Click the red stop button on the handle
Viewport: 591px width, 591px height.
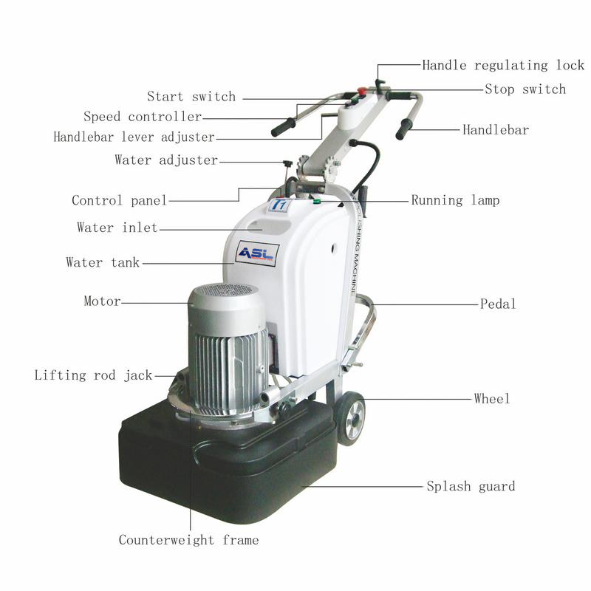point(362,91)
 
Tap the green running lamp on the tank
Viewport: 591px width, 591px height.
point(317,202)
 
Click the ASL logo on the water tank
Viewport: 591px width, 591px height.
point(257,253)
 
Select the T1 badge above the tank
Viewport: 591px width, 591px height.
point(280,205)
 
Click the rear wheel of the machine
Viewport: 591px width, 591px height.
point(352,418)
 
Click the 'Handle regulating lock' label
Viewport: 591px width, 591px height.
point(503,65)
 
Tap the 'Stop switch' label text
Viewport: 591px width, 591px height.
point(525,89)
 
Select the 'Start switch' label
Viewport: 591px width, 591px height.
point(191,97)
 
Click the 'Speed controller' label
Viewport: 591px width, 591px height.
point(143,117)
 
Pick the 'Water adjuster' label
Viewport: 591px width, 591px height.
point(167,160)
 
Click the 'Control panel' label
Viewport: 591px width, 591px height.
point(120,200)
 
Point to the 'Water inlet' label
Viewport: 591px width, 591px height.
point(117,228)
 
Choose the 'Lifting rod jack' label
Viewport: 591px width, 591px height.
point(94,375)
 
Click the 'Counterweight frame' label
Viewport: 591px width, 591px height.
point(189,540)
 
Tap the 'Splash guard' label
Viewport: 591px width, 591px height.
point(471,486)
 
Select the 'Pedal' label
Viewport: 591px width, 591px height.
point(498,304)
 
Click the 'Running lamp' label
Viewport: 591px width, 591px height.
point(455,200)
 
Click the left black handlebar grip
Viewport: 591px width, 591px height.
point(284,127)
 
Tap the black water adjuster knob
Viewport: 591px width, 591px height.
point(288,164)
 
